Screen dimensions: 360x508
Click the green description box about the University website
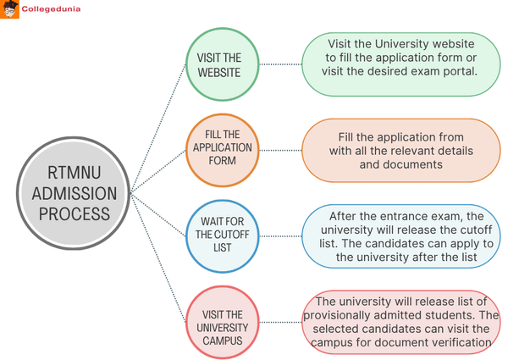coord(401,64)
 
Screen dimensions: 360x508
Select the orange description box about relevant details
coord(401,151)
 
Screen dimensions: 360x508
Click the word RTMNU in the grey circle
coord(71,173)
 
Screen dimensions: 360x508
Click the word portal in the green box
coord(459,70)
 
